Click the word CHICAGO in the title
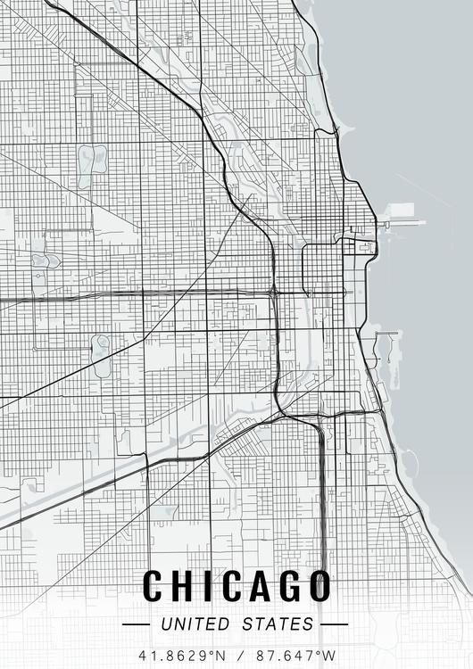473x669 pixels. (x=236, y=586)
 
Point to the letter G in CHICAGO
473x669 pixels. (x=287, y=586)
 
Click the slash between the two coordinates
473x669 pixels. (x=236, y=655)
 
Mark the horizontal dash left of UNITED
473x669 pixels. (x=137, y=624)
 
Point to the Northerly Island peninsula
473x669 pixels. (x=390, y=352)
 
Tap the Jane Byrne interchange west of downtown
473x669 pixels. (x=274, y=291)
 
